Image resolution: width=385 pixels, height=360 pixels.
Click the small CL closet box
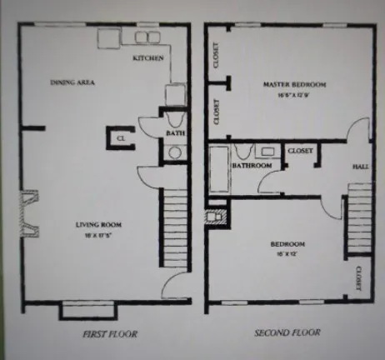click(x=120, y=137)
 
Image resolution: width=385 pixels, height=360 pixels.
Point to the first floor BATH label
click(x=176, y=132)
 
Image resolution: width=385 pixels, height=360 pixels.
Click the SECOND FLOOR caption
click(x=287, y=333)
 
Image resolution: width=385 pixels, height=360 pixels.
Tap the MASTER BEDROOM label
click(x=294, y=85)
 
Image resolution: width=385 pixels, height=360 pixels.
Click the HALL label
click(x=360, y=167)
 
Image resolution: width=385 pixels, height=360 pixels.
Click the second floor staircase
click(x=359, y=221)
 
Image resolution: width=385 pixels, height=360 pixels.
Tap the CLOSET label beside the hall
click(x=300, y=151)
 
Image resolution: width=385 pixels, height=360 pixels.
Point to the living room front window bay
click(x=84, y=311)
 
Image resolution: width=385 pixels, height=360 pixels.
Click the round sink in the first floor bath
click(x=176, y=152)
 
